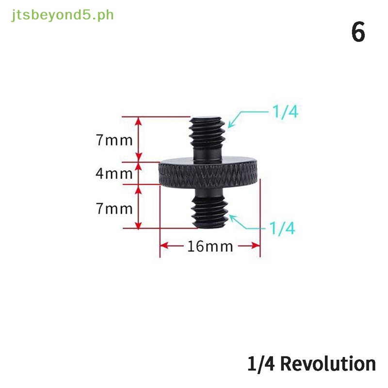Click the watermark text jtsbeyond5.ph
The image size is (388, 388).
click(62, 15)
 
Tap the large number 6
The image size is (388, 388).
click(357, 33)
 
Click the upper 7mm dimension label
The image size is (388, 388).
click(114, 141)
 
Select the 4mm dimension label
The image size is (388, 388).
click(114, 173)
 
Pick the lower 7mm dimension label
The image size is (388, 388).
click(114, 209)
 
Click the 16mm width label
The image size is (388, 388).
click(210, 246)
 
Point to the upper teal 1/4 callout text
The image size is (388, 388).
click(285, 113)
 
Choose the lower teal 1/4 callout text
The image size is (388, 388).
click(282, 227)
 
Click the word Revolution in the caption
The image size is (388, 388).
click(328, 364)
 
